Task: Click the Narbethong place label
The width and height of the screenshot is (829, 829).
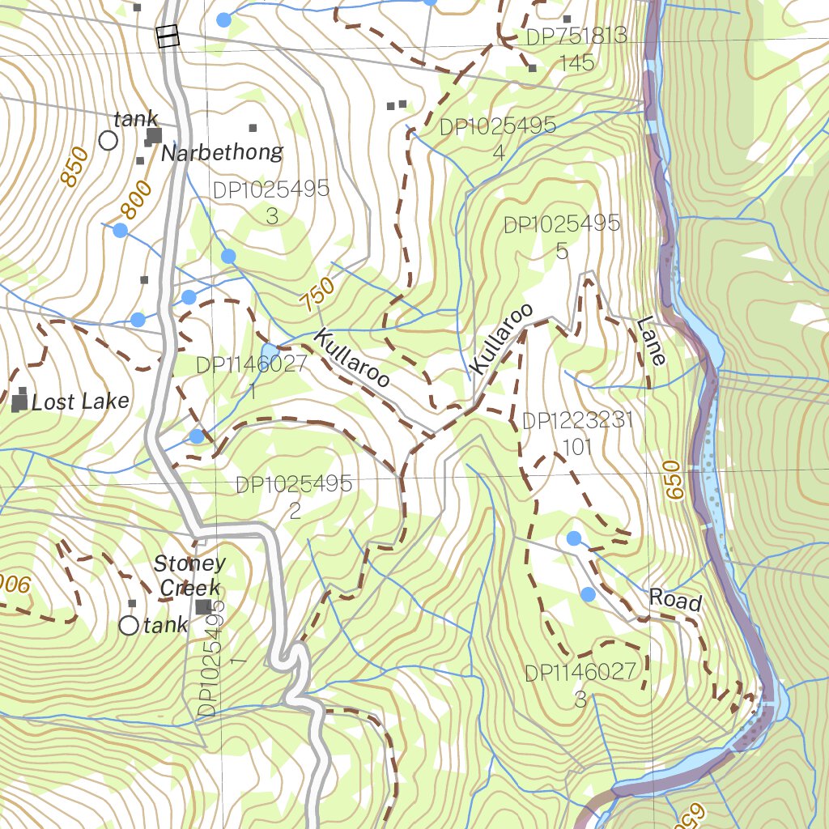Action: point(223,152)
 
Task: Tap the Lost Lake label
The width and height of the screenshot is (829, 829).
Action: point(80,402)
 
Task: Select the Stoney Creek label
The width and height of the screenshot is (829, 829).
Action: point(189,576)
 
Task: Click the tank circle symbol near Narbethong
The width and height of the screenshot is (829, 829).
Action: point(108,141)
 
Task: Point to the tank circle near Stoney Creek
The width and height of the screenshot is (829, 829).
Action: point(129,625)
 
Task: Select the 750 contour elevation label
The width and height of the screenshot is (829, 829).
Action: point(317,295)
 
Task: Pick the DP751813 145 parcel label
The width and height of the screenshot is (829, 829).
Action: point(576,49)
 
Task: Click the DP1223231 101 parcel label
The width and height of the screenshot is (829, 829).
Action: point(577,434)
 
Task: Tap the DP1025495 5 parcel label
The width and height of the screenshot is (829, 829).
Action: point(562,237)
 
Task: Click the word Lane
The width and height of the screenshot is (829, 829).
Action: point(651,341)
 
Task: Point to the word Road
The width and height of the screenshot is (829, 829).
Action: point(674,600)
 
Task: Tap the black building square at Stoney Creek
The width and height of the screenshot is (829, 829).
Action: point(203,606)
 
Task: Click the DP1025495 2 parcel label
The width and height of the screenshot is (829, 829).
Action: point(294,497)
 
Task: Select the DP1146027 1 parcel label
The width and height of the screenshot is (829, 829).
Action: point(252,377)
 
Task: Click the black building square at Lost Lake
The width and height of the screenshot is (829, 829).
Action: point(19,402)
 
